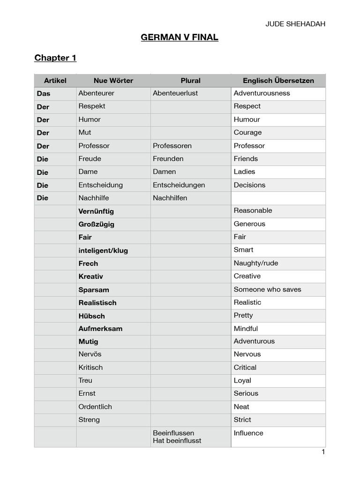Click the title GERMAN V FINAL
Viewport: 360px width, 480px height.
(x=180, y=37)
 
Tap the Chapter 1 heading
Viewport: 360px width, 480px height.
(x=55, y=58)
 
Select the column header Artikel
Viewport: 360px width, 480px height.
(x=55, y=81)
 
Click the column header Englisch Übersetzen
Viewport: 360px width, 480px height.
(x=278, y=81)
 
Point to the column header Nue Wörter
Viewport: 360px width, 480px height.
(x=113, y=81)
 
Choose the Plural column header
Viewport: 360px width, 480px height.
(x=190, y=81)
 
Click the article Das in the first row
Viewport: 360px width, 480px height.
(x=44, y=93)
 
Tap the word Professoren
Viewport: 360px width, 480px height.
(x=172, y=146)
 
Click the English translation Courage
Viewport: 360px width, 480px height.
(x=247, y=133)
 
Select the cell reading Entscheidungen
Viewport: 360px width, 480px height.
(x=179, y=185)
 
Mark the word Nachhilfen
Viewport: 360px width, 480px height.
(x=170, y=198)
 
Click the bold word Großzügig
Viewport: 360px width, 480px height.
(x=97, y=224)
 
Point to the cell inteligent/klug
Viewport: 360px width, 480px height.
(x=103, y=250)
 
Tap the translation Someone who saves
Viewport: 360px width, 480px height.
(x=267, y=290)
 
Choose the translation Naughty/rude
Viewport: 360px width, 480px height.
(x=256, y=263)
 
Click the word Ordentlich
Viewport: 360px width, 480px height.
(x=95, y=407)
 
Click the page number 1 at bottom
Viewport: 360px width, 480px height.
(x=323, y=452)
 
